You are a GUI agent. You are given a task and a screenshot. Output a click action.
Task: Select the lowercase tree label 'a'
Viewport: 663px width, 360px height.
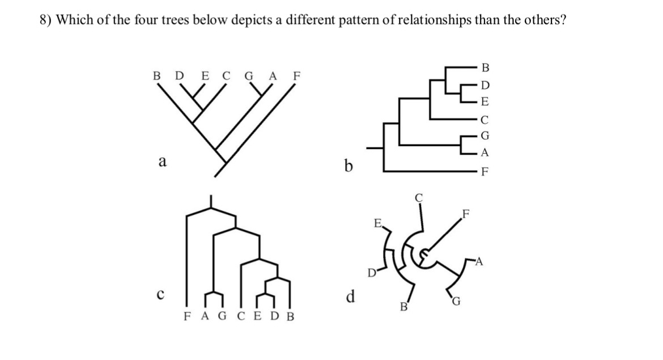click(162, 162)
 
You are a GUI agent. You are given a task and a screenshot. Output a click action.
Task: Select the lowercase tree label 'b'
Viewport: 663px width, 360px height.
click(349, 166)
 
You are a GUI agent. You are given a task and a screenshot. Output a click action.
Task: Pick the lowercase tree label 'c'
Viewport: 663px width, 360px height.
click(161, 294)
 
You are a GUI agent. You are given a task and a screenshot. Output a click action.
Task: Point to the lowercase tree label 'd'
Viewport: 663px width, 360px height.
click(351, 296)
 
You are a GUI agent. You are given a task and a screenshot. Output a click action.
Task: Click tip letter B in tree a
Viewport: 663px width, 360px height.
click(157, 75)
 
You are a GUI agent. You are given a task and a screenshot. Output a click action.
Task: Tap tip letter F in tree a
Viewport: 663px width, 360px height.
click(296, 75)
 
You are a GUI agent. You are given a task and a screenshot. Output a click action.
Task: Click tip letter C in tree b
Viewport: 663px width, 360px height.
click(483, 119)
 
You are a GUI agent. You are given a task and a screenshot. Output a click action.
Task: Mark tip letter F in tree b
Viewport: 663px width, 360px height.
click(483, 171)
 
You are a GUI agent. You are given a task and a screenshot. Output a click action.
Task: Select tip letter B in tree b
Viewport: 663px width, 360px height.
click(483, 69)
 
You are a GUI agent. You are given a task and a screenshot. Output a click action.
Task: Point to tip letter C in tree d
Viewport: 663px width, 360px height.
click(419, 198)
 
